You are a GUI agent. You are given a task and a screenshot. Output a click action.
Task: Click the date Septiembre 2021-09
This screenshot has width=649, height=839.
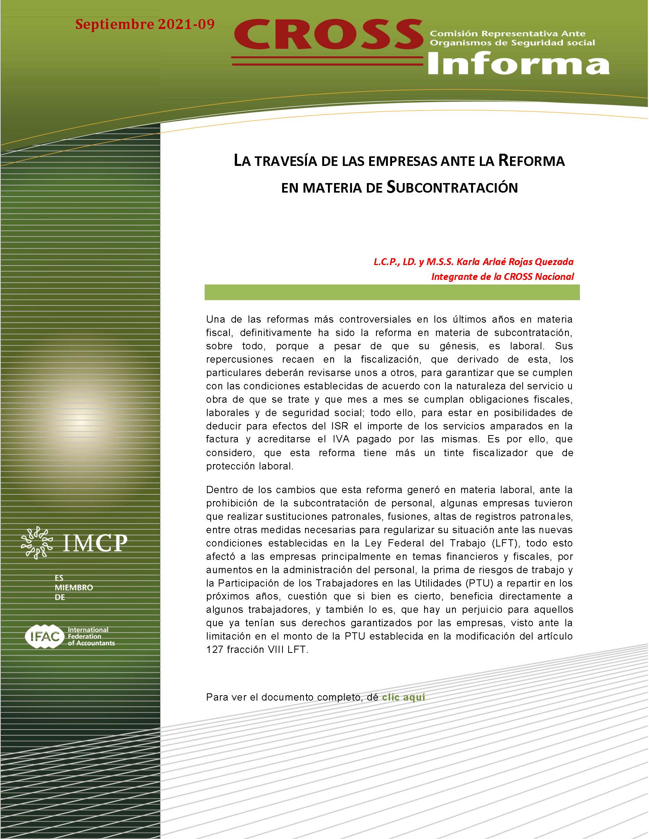point(145,24)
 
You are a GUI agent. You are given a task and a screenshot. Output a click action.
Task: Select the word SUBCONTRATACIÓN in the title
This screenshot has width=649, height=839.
point(452,188)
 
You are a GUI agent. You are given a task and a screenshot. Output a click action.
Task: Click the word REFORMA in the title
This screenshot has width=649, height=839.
point(531,161)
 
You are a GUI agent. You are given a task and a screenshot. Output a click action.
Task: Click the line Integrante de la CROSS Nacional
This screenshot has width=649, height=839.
point(502,276)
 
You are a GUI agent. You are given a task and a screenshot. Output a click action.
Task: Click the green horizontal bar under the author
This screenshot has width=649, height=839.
point(392,293)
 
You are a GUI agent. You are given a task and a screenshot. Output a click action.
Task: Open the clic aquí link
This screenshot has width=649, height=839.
point(403,697)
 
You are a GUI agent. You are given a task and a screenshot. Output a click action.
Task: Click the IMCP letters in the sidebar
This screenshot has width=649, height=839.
point(94,543)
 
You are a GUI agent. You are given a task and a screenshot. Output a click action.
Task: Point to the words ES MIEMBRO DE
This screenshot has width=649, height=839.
point(73,588)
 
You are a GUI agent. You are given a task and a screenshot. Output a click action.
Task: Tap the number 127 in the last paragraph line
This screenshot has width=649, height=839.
point(214,649)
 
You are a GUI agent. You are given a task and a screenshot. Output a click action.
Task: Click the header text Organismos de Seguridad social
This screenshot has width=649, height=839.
point(512,43)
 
